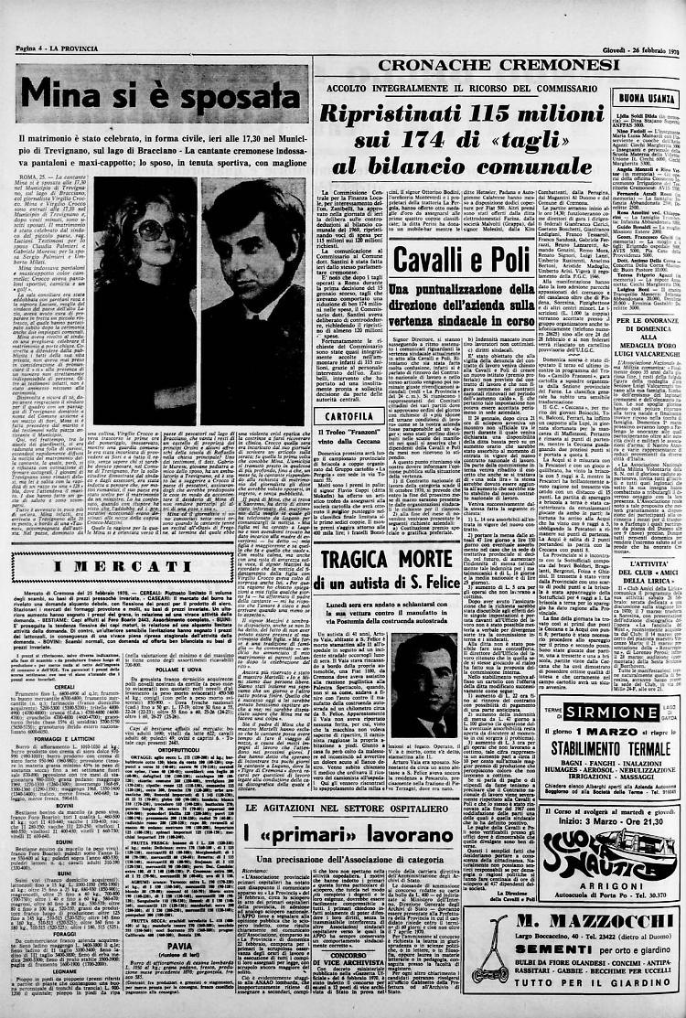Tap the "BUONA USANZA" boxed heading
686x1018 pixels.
647,98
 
